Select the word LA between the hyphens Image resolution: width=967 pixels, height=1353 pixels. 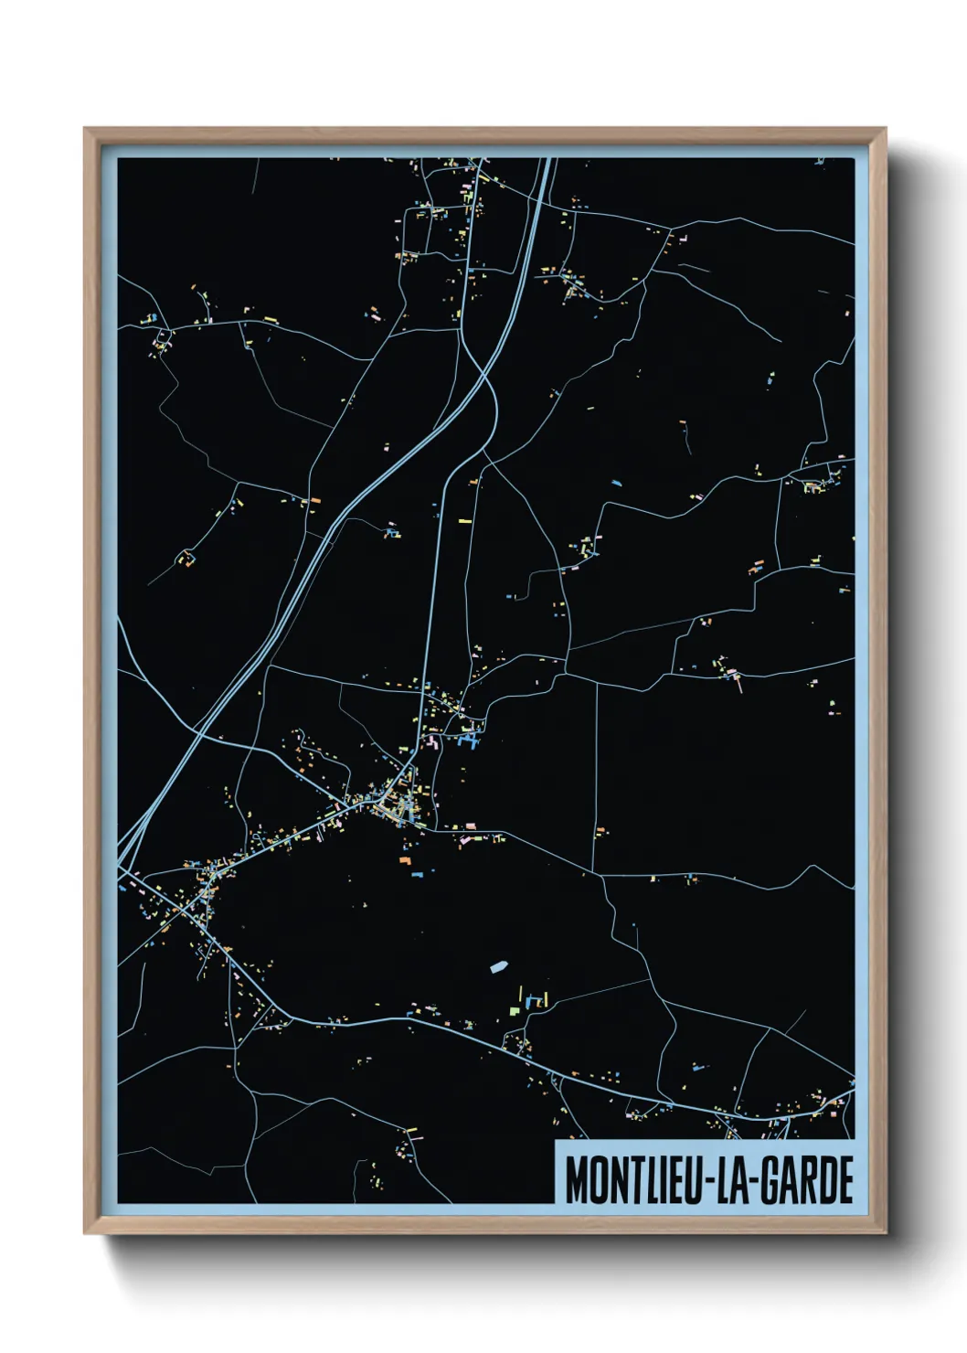click(733, 1180)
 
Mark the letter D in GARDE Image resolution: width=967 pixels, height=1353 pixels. click(828, 1180)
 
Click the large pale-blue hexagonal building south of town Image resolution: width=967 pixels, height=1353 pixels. click(499, 965)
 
